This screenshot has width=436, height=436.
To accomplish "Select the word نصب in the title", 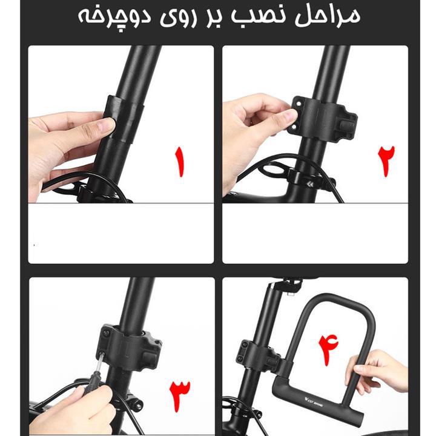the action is (258, 16).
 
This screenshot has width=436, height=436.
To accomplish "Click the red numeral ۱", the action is (180, 162).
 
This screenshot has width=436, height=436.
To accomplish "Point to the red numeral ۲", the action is (386, 161).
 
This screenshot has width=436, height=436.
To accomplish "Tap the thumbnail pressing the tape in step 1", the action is (107, 124).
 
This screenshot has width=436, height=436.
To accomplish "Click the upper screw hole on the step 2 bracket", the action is (299, 104).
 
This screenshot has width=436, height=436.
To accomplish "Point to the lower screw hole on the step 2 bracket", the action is (293, 127).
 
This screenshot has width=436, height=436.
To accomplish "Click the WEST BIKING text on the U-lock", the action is (314, 402).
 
